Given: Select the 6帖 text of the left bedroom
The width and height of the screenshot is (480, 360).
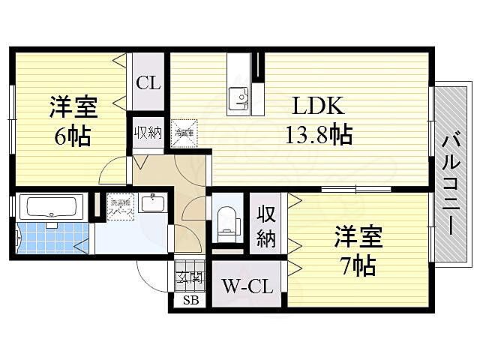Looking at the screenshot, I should coord(72,137).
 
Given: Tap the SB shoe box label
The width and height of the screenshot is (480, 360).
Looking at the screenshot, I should coord(190,302).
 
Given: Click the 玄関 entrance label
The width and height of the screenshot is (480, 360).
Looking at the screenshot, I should coord(190,278).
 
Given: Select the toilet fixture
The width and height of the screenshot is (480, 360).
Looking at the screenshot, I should coord(225,219).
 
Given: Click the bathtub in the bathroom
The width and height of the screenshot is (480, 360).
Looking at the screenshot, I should coord(50,206).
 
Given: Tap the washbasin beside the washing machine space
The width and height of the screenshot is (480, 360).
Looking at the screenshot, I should coord(155,204).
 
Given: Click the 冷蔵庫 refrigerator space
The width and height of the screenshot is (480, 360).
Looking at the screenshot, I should coord(184,133).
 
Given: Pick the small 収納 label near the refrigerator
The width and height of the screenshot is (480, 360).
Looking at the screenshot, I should coord(148,133).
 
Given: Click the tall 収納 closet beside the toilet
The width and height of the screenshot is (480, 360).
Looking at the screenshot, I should coord(267,225).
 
